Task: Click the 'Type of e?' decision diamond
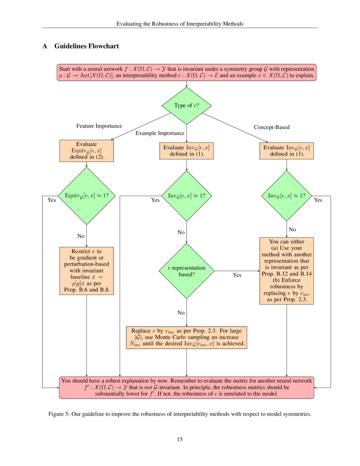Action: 186,105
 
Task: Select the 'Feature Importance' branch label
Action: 99,126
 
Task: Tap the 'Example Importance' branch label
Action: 160,133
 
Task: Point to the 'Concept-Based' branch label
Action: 271,127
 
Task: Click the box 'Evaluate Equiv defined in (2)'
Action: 86,150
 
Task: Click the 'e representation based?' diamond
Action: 186,271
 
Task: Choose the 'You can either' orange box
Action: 287,271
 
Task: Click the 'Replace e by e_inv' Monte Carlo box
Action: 186,337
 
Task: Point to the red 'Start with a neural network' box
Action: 186,72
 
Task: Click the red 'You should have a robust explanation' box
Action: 186,387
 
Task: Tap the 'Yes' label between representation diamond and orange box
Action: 237,275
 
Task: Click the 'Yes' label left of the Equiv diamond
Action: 52,200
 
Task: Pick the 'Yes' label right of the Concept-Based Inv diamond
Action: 318,200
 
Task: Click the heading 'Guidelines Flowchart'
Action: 86,46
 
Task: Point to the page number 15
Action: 180,439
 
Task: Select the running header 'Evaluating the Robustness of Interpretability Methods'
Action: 180,24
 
